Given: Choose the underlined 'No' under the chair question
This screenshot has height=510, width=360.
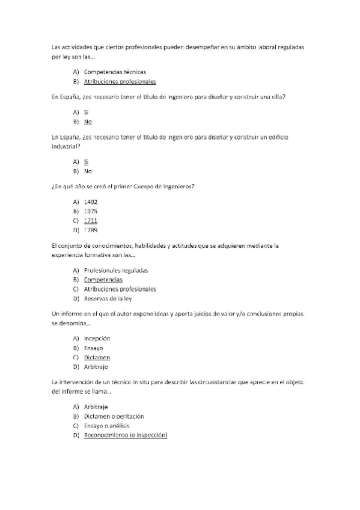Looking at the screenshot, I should pyautogui.click(x=88, y=122).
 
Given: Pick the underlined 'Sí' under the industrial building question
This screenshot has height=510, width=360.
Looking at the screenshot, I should pyautogui.click(x=87, y=162).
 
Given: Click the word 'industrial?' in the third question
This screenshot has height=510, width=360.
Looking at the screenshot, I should pyautogui.click(x=66, y=146).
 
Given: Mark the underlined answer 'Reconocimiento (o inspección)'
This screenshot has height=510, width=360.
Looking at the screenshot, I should pyautogui.click(x=125, y=435).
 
